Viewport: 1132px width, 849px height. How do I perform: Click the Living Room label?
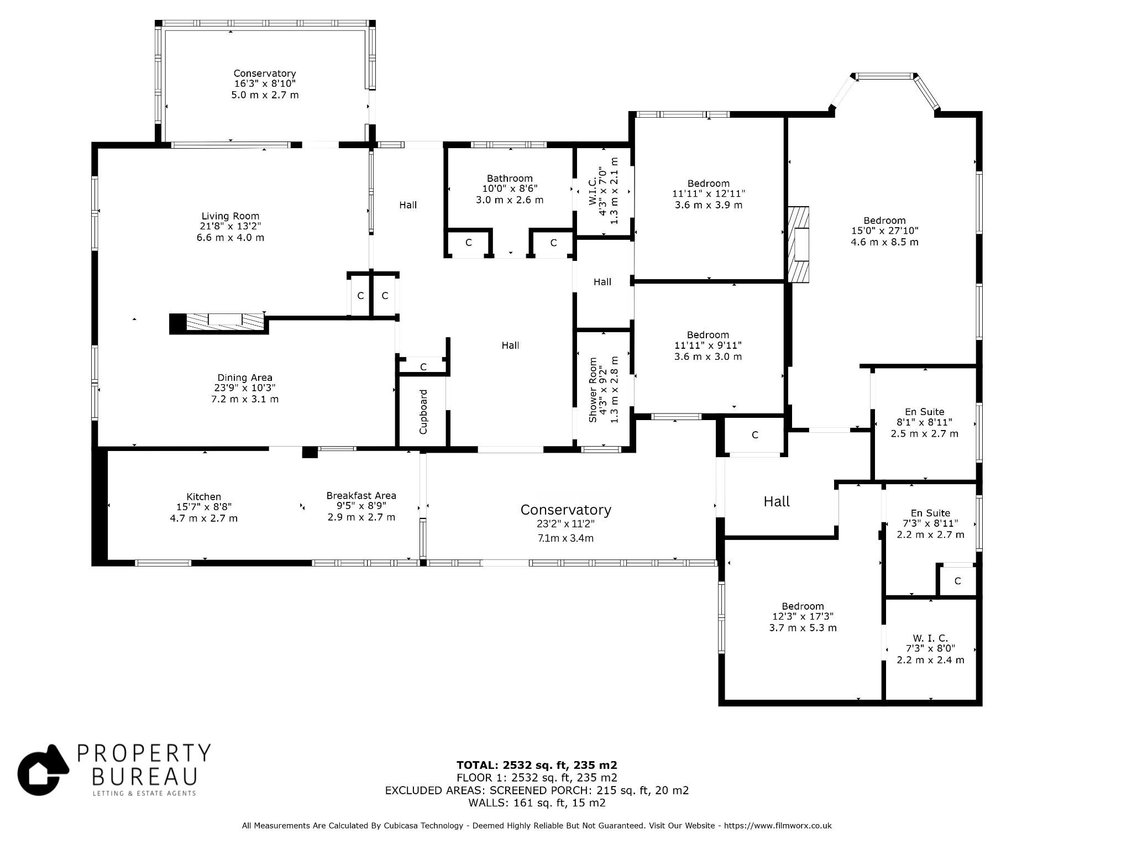(x=230, y=216)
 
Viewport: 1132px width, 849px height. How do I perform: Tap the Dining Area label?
(x=245, y=378)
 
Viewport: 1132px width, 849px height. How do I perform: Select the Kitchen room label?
(x=203, y=497)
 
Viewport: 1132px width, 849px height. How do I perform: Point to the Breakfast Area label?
(x=361, y=496)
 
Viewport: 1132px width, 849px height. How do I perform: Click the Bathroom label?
(x=510, y=179)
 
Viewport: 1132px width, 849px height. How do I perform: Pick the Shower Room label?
(x=593, y=390)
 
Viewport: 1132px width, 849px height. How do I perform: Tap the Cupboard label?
(x=423, y=412)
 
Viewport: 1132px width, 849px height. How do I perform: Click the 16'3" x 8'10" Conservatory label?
(x=265, y=84)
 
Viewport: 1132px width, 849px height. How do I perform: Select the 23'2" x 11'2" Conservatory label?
(x=566, y=523)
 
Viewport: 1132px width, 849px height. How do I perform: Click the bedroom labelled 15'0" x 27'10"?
(x=884, y=231)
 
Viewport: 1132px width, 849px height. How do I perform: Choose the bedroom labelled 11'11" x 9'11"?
(x=708, y=345)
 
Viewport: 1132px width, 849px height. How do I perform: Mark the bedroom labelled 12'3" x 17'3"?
(x=803, y=617)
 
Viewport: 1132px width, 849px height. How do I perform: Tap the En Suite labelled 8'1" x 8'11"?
(x=924, y=423)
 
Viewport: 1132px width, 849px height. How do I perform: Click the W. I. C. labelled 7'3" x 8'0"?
(x=930, y=649)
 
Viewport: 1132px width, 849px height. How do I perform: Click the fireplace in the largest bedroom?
(x=798, y=244)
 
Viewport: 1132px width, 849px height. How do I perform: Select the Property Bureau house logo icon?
(x=43, y=770)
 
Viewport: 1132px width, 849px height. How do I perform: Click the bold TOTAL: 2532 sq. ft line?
(x=537, y=766)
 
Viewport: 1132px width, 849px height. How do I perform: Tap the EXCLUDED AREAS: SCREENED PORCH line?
(x=537, y=790)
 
